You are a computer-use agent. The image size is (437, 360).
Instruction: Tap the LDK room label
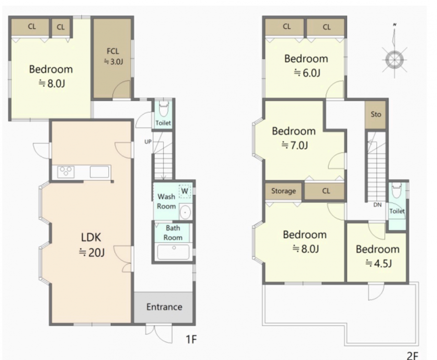(x=92, y=245)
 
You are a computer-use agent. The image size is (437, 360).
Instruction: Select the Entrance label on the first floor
(x=164, y=307)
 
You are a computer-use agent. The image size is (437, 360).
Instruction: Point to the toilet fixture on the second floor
(x=397, y=190)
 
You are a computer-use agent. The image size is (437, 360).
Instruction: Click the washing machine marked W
(x=185, y=192)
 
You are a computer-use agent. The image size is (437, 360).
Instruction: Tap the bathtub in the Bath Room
(x=173, y=252)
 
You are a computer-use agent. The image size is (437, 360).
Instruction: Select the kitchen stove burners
(x=66, y=171)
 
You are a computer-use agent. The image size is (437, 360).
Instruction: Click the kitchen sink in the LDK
(x=99, y=172)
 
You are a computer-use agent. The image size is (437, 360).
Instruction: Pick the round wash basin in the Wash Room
(x=185, y=212)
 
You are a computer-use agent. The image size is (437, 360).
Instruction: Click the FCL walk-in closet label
(x=113, y=56)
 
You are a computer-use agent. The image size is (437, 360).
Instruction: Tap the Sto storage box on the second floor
(x=376, y=114)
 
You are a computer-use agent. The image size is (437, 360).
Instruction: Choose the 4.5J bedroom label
(x=378, y=256)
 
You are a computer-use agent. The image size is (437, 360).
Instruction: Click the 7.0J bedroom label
(x=294, y=138)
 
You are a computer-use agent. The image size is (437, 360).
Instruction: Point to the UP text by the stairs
(x=148, y=142)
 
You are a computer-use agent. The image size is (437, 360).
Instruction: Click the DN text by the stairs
(x=378, y=205)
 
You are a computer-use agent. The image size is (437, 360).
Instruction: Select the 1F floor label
(x=191, y=339)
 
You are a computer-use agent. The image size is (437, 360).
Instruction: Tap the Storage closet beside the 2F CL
(x=283, y=191)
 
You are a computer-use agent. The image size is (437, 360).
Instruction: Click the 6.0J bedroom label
(x=306, y=66)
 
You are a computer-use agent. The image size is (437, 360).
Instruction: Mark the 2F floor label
(x=413, y=356)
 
